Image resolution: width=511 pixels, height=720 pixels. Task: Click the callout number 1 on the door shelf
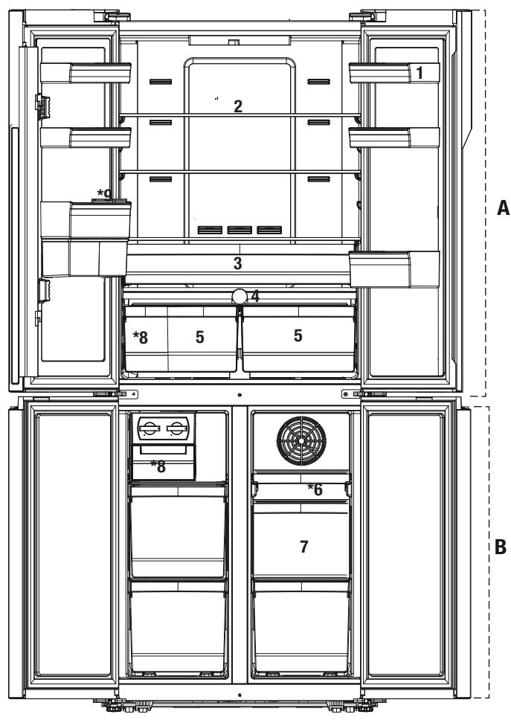pyautogui.click(x=420, y=73)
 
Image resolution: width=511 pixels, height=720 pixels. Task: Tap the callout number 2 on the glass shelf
pyautogui.click(x=238, y=106)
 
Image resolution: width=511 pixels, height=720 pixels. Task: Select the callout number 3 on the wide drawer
pyautogui.click(x=237, y=263)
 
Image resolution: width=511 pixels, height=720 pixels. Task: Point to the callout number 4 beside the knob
pyautogui.click(x=255, y=296)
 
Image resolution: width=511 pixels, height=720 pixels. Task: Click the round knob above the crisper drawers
pyautogui.click(x=240, y=296)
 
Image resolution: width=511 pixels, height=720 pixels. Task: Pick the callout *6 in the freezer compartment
pyautogui.click(x=315, y=489)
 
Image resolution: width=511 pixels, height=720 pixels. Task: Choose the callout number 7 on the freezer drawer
pyautogui.click(x=303, y=547)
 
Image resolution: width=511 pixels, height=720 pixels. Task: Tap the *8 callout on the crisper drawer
pyautogui.click(x=141, y=338)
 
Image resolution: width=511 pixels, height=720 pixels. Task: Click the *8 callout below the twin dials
pyautogui.click(x=158, y=466)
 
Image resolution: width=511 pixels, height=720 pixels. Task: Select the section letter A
pyautogui.click(x=504, y=208)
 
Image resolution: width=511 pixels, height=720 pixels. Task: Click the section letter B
pyautogui.click(x=501, y=547)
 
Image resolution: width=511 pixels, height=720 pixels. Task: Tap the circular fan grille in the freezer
pyautogui.click(x=302, y=440)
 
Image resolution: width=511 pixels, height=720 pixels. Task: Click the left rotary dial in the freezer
pyautogui.click(x=150, y=428)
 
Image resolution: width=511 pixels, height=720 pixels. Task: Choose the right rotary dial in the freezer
pyautogui.click(x=177, y=428)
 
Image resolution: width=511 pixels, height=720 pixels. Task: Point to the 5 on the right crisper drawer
pyautogui.click(x=298, y=335)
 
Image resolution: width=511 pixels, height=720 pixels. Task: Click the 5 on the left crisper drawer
pyautogui.click(x=200, y=337)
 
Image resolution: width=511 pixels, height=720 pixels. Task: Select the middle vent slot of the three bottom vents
pyautogui.click(x=240, y=230)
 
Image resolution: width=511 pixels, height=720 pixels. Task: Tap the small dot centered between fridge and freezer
pyautogui.click(x=240, y=395)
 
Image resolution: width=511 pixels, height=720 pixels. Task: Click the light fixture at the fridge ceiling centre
pyautogui.click(x=240, y=41)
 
